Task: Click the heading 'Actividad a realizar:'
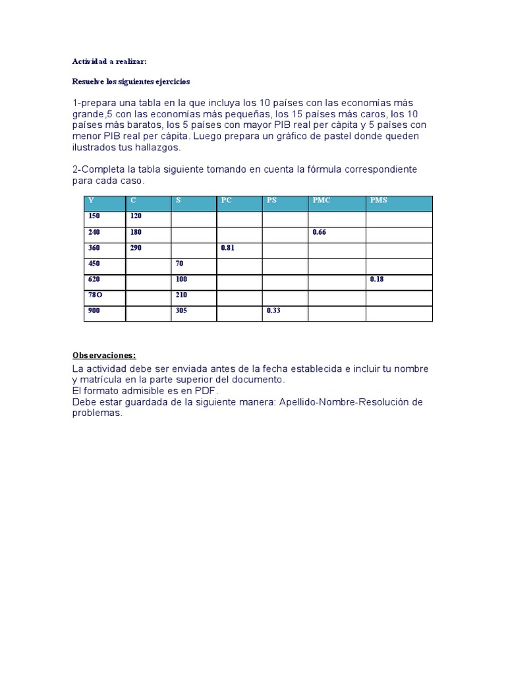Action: click(x=110, y=61)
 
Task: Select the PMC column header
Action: click(x=322, y=200)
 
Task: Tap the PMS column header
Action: click(x=379, y=200)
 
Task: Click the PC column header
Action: click(x=227, y=200)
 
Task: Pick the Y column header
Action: click(x=92, y=200)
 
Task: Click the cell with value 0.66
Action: click(x=320, y=232)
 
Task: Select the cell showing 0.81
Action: click(x=228, y=248)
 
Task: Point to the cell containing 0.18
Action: click(x=377, y=279)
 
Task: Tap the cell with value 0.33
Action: click(x=273, y=310)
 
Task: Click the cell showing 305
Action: click(x=183, y=310)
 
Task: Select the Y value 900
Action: click(x=94, y=310)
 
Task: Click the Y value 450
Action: click(x=94, y=264)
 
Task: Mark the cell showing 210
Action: click(x=182, y=295)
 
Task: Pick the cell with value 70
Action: click(x=180, y=264)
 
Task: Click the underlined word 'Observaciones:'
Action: click(x=104, y=355)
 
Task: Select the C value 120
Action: click(x=136, y=216)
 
